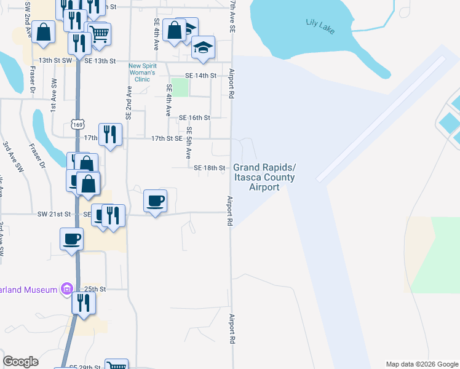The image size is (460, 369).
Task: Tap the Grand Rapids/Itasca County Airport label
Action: click(x=264, y=177)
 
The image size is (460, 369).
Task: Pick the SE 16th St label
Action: click(x=194, y=117)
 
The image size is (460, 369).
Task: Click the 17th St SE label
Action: click(x=167, y=139)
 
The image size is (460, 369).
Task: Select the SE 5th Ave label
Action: click(x=189, y=143)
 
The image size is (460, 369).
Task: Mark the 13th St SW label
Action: click(x=55, y=61)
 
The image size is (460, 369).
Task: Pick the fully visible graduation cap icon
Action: click(x=202, y=47)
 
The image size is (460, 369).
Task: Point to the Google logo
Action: click(x=21, y=362)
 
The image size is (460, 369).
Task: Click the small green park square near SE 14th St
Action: click(x=180, y=87)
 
